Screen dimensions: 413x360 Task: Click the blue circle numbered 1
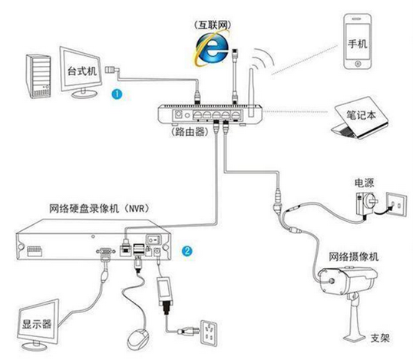coord(117,94)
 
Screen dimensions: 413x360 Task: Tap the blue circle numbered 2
coord(187,251)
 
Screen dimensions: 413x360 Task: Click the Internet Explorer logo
coord(212,48)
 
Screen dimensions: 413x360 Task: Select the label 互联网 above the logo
coord(213,25)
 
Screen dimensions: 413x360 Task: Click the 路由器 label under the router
coord(190,131)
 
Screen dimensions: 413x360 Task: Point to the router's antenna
coord(250,93)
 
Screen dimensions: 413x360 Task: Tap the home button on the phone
coord(358,64)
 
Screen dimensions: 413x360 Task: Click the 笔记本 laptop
coord(360,118)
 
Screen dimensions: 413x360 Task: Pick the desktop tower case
coord(38,76)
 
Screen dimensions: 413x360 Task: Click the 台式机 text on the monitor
coord(82,71)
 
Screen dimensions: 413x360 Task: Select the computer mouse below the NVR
coord(137,339)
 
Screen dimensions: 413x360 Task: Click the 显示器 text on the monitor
coord(37,324)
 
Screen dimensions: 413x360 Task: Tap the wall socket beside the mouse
coord(209,332)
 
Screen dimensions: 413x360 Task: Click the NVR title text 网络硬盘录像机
coord(84,209)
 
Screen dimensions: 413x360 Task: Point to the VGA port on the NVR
coord(106,252)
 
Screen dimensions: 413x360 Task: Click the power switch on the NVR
coord(154,239)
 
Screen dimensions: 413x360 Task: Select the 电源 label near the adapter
coord(365,183)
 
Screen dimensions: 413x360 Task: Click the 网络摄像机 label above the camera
coord(354,257)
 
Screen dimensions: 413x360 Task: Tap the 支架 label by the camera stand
coord(380,338)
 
